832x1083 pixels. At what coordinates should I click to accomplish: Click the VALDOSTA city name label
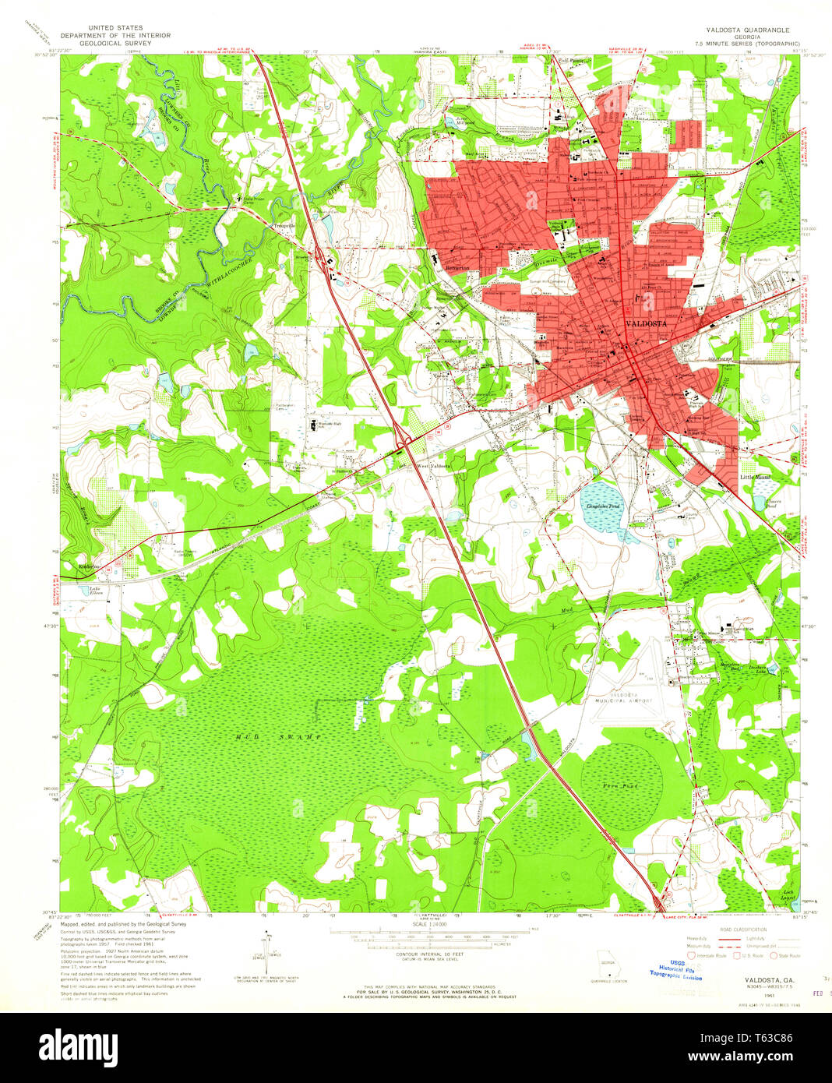click(x=647, y=323)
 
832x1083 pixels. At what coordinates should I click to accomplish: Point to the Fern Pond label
click(x=621, y=786)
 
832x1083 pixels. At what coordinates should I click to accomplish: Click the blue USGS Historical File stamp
click(x=675, y=972)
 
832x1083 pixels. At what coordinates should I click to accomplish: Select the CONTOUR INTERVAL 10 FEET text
click(x=427, y=953)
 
